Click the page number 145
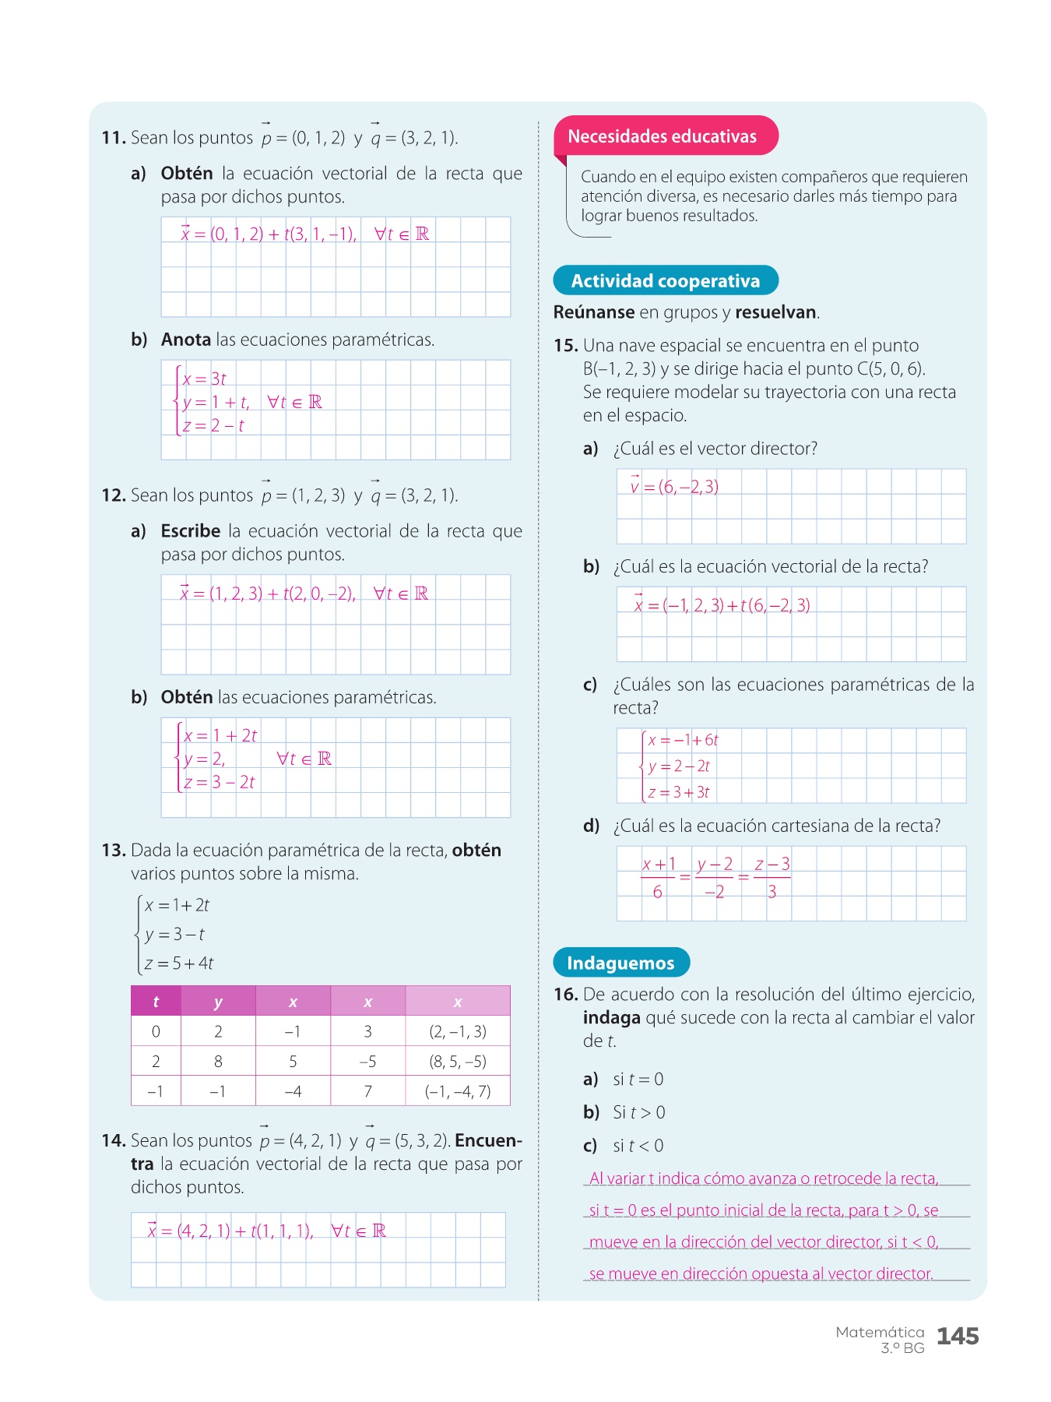pyautogui.click(x=957, y=1337)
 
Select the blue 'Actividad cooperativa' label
pyautogui.click(x=665, y=281)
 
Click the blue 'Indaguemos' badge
pyautogui.click(x=620, y=963)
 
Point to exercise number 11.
pyautogui.click(x=114, y=138)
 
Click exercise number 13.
pyautogui.click(x=114, y=851)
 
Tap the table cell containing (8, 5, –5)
pyautogui.click(x=457, y=1061)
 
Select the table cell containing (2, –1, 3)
pyautogui.click(x=457, y=1031)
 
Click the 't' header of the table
pyautogui.click(x=156, y=1002)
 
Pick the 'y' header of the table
pyautogui.click(x=218, y=1002)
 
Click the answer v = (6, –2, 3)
pyautogui.click(x=674, y=487)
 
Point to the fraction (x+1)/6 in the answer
pyautogui.click(x=659, y=878)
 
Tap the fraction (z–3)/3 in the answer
pyautogui.click(x=772, y=878)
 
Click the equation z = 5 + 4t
pyautogui.click(x=179, y=963)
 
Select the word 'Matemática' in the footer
pyautogui.click(x=880, y=1332)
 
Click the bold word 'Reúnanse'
pyautogui.click(x=594, y=312)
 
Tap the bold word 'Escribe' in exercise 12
pyautogui.click(x=191, y=531)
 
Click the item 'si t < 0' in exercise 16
pyautogui.click(x=638, y=1146)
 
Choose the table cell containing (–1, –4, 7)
pyautogui.click(x=457, y=1091)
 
